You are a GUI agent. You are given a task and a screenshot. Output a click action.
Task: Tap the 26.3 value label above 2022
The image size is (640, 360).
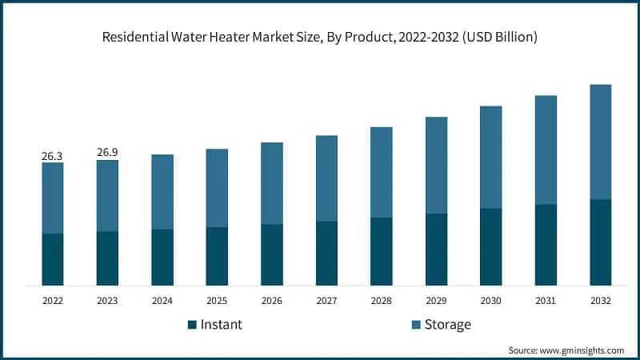(x=52, y=156)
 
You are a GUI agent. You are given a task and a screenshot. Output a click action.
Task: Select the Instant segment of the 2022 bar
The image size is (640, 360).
(x=53, y=259)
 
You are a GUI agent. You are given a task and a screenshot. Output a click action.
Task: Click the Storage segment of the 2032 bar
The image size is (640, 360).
(x=600, y=142)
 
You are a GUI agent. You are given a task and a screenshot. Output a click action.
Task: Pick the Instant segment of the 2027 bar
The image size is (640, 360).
(x=326, y=253)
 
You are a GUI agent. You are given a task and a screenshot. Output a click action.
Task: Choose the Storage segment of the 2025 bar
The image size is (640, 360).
(x=217, y=188)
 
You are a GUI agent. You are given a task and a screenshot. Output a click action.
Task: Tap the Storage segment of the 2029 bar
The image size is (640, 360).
(x=436, y=165)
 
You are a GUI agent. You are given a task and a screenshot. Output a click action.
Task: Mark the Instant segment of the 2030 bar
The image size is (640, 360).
(x=490, y=246)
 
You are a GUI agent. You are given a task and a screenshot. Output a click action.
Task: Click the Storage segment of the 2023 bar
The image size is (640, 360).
(x=107, y=196)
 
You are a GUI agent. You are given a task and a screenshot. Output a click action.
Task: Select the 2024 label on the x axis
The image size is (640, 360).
(x=162, y=301)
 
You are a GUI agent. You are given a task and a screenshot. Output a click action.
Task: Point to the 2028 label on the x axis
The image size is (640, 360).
(x=382, y=301)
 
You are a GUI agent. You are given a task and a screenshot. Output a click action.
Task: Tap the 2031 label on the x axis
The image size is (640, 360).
(x=546, y=301)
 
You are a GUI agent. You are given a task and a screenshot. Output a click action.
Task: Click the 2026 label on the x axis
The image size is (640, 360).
(x=272, y=301)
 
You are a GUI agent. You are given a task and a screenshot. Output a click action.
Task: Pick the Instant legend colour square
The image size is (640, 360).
(x=191, y=325)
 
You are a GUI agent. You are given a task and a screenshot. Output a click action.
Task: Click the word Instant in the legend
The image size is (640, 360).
(x=221, y=325)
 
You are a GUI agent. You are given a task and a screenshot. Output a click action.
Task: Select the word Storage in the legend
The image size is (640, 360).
(x=448, y=325)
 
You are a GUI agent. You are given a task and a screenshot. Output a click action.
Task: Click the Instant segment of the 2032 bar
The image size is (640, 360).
(x=600, y=242)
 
